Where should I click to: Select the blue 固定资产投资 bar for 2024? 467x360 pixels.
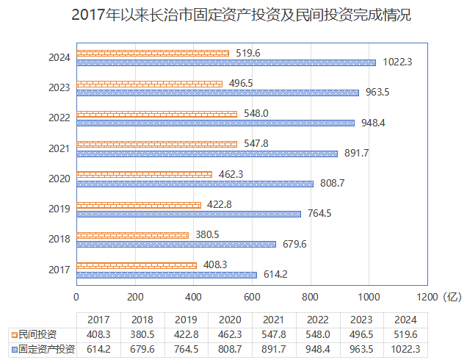pos(226,62)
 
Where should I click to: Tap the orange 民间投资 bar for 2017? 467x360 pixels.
pos(137,264)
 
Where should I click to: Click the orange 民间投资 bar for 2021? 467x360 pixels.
pos(157,144)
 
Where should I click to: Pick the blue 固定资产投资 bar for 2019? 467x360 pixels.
pos(189,214)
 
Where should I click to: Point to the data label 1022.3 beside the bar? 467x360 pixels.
pos(397,62)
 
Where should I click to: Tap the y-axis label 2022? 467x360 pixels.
pos(59,118)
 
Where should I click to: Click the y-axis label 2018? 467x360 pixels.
pos(59,239)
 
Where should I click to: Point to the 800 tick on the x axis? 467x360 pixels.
pos(310,297)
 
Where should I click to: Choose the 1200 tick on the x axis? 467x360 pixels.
pos(427,297)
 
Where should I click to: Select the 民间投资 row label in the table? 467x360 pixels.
pos(40,334)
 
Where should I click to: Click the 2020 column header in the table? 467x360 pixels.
pos(231,320)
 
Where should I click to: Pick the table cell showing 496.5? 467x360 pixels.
pos(362,334)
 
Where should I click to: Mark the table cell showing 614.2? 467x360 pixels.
pos(98,349)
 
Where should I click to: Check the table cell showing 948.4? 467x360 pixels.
pos(318,349)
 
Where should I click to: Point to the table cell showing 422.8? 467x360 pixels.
pos(187,334)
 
